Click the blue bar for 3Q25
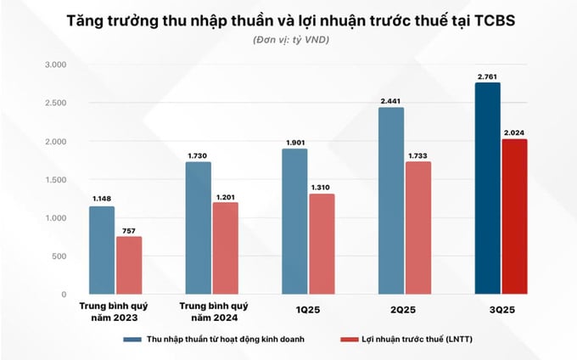point(487,188)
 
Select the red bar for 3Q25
point(513,217)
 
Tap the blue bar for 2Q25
point(392,201)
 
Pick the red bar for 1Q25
point(321,244)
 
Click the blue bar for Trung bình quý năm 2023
point(103,250)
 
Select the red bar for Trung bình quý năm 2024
point(225,248)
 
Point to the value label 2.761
point(487,76)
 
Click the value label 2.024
point(514,132)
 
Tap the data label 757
point(129,229)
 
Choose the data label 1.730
point(199,155)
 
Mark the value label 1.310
point(321,188)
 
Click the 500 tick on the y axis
point(59,256)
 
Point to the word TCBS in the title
point(481,20)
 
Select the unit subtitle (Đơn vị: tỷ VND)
point(288,41)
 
